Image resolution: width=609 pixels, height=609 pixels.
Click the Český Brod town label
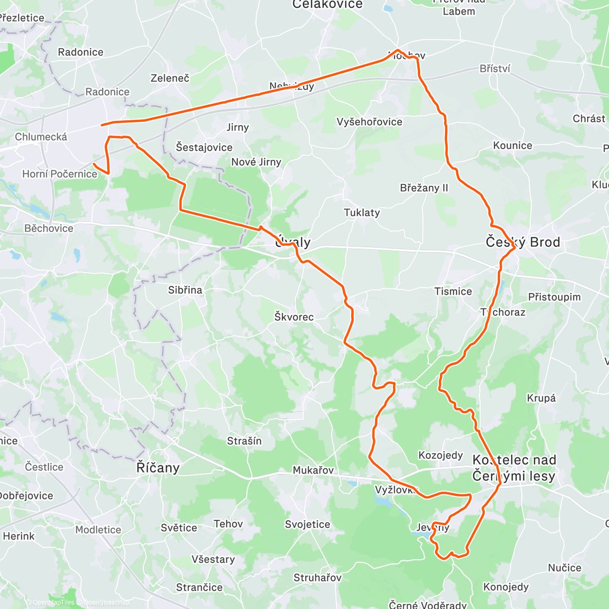coord(523,242)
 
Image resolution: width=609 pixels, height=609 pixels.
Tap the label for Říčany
coord(158,467)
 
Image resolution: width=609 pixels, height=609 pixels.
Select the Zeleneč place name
coord(170,78)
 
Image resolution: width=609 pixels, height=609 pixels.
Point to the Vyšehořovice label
coord(369,122)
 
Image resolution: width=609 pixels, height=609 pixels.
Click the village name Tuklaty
coord(362,213)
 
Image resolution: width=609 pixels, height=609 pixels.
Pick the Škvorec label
coord(294,317)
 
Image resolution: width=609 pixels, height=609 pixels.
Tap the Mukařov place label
coord(313,470)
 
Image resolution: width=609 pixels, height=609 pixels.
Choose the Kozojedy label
coord(441,455)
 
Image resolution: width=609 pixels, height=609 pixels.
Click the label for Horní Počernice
coord(59,174)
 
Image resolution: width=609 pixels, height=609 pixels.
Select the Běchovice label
coord(49,228)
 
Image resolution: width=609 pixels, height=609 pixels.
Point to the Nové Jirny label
coord(256,162)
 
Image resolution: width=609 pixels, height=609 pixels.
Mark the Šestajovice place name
coord(204,148)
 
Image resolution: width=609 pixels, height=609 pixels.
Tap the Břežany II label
coord(424,188)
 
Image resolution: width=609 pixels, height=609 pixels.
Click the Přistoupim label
coord(554,297)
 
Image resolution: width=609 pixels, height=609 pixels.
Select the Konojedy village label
coord(506,587)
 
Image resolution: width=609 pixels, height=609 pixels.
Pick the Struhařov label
coord(318,578)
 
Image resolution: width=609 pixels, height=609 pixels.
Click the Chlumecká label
coord(41,137)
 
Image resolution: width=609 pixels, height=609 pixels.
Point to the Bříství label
coord(495,69)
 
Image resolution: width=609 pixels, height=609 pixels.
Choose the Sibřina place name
coord(185,290)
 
